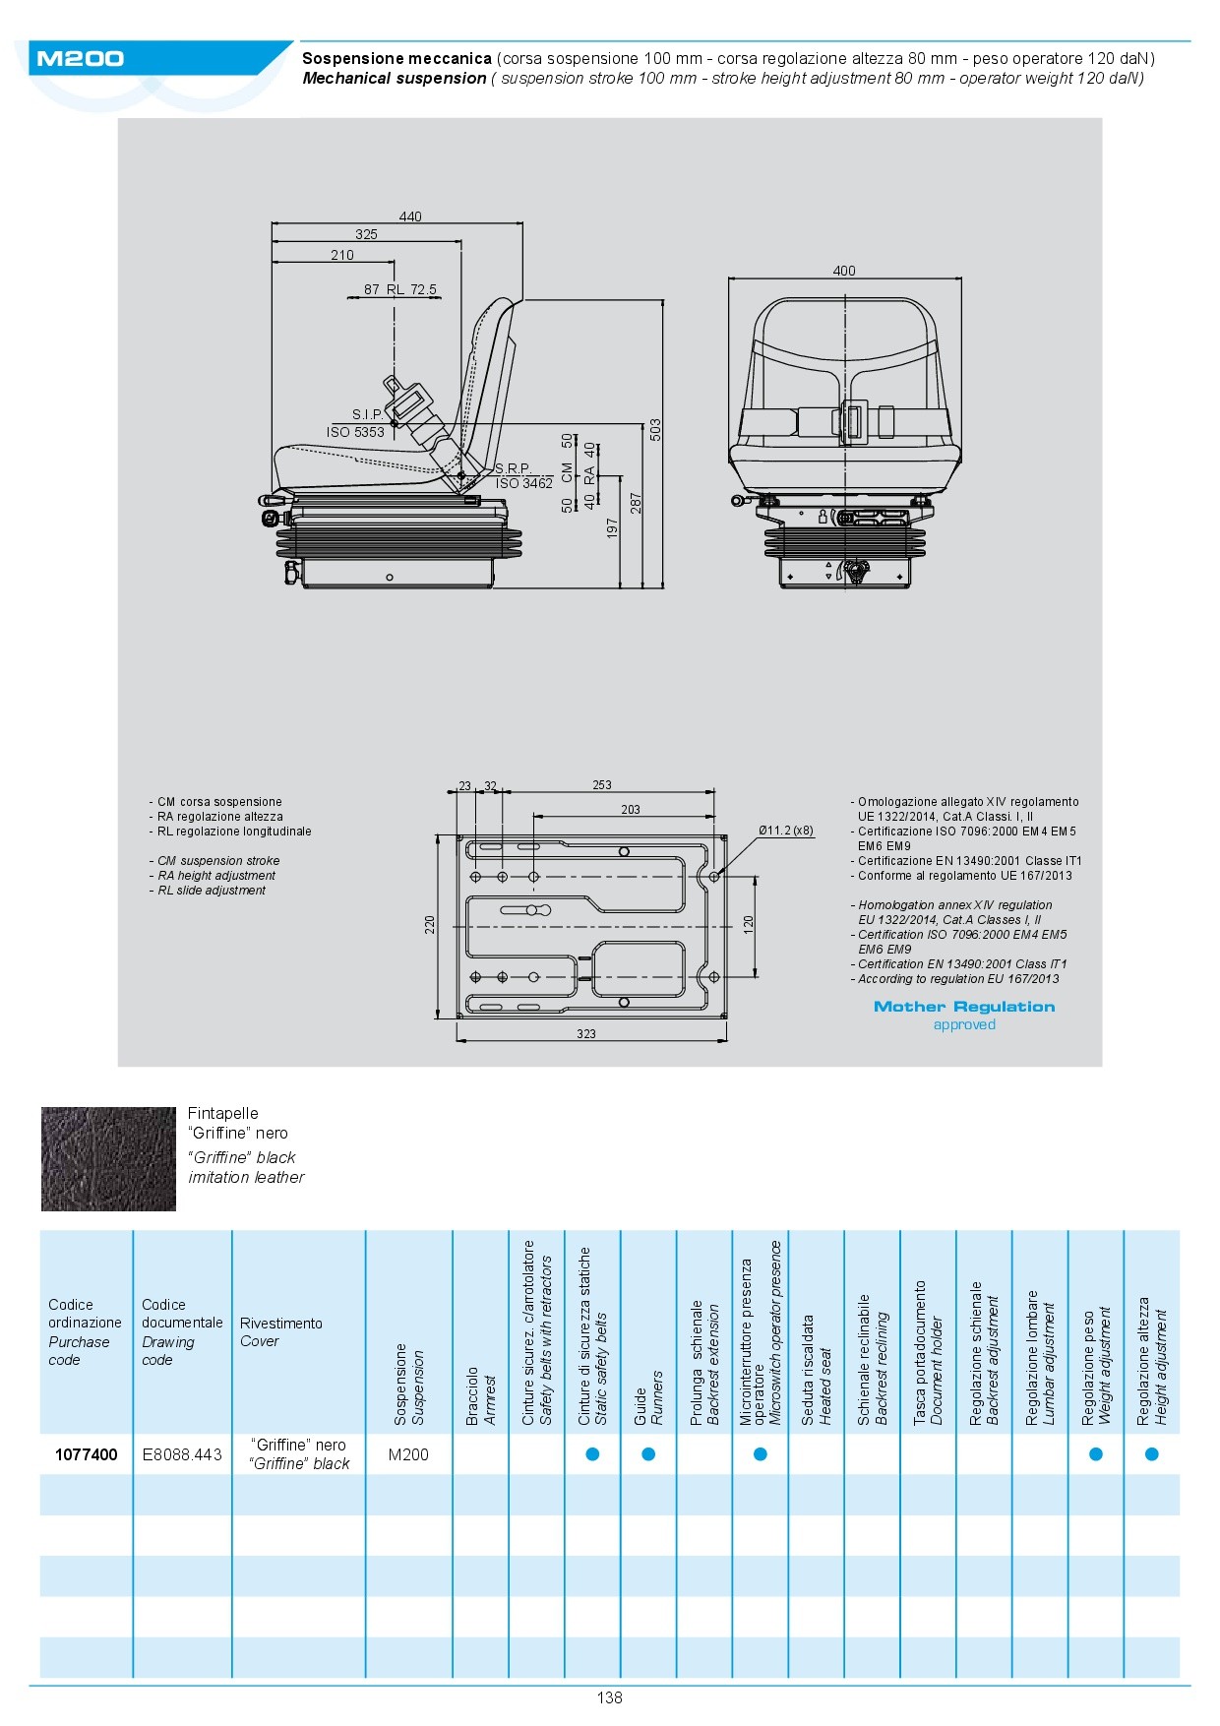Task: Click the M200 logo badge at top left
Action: point(81,59)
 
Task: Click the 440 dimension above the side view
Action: point(410,216)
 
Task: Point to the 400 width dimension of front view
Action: point(844,271)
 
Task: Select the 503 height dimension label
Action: point(655,430)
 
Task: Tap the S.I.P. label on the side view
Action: point(368,414)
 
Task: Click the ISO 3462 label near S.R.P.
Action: point(524,483)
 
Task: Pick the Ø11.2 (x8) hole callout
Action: point(786,831)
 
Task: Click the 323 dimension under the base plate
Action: point(586,1034)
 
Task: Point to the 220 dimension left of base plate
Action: point(430,925)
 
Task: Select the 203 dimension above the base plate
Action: point(631,810)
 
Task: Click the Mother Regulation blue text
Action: point(964,1007)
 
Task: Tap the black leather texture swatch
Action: point(108,1159)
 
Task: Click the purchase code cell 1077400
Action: point(87,1454)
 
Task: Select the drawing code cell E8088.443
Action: point(182,1454)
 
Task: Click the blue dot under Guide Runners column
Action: point(648,1454)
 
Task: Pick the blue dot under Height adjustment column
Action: point(1152,1454)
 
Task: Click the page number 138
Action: point(610,1697)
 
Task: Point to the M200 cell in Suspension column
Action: point(408,1454)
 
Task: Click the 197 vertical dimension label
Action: point(613,528)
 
